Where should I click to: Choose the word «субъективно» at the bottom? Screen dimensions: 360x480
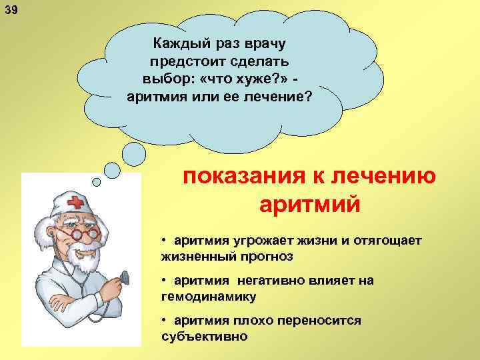coord(204,336)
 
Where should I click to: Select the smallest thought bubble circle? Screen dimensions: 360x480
coord(96,181)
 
